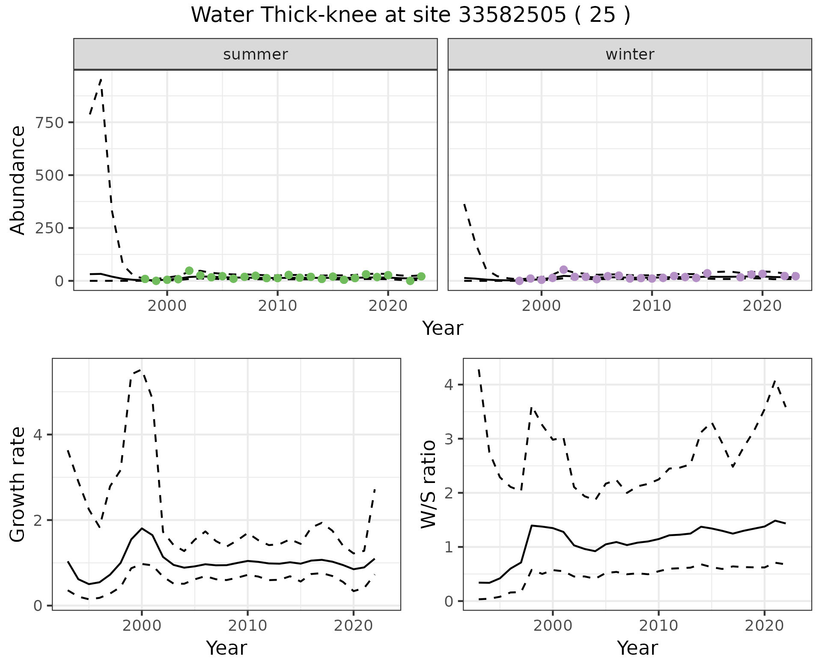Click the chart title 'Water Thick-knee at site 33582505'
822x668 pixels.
[410, 15]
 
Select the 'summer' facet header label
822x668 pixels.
[255, 54]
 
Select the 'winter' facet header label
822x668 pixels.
[629, 54]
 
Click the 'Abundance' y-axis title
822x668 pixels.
[18, 180]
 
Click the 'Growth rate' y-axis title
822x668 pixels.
[18, 484]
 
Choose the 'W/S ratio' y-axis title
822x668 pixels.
[429, 484]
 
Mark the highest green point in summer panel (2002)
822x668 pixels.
[189, 271]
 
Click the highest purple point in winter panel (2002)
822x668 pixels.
[563, 270]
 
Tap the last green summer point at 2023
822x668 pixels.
[421, 277]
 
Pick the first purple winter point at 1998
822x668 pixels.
[519, 281]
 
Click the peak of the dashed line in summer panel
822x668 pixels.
[101, 80]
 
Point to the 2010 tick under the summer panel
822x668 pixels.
[277, 306]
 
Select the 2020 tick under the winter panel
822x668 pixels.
[762, 306]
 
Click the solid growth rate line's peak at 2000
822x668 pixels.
[142, 528]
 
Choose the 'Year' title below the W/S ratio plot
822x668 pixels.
[637, 648]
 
